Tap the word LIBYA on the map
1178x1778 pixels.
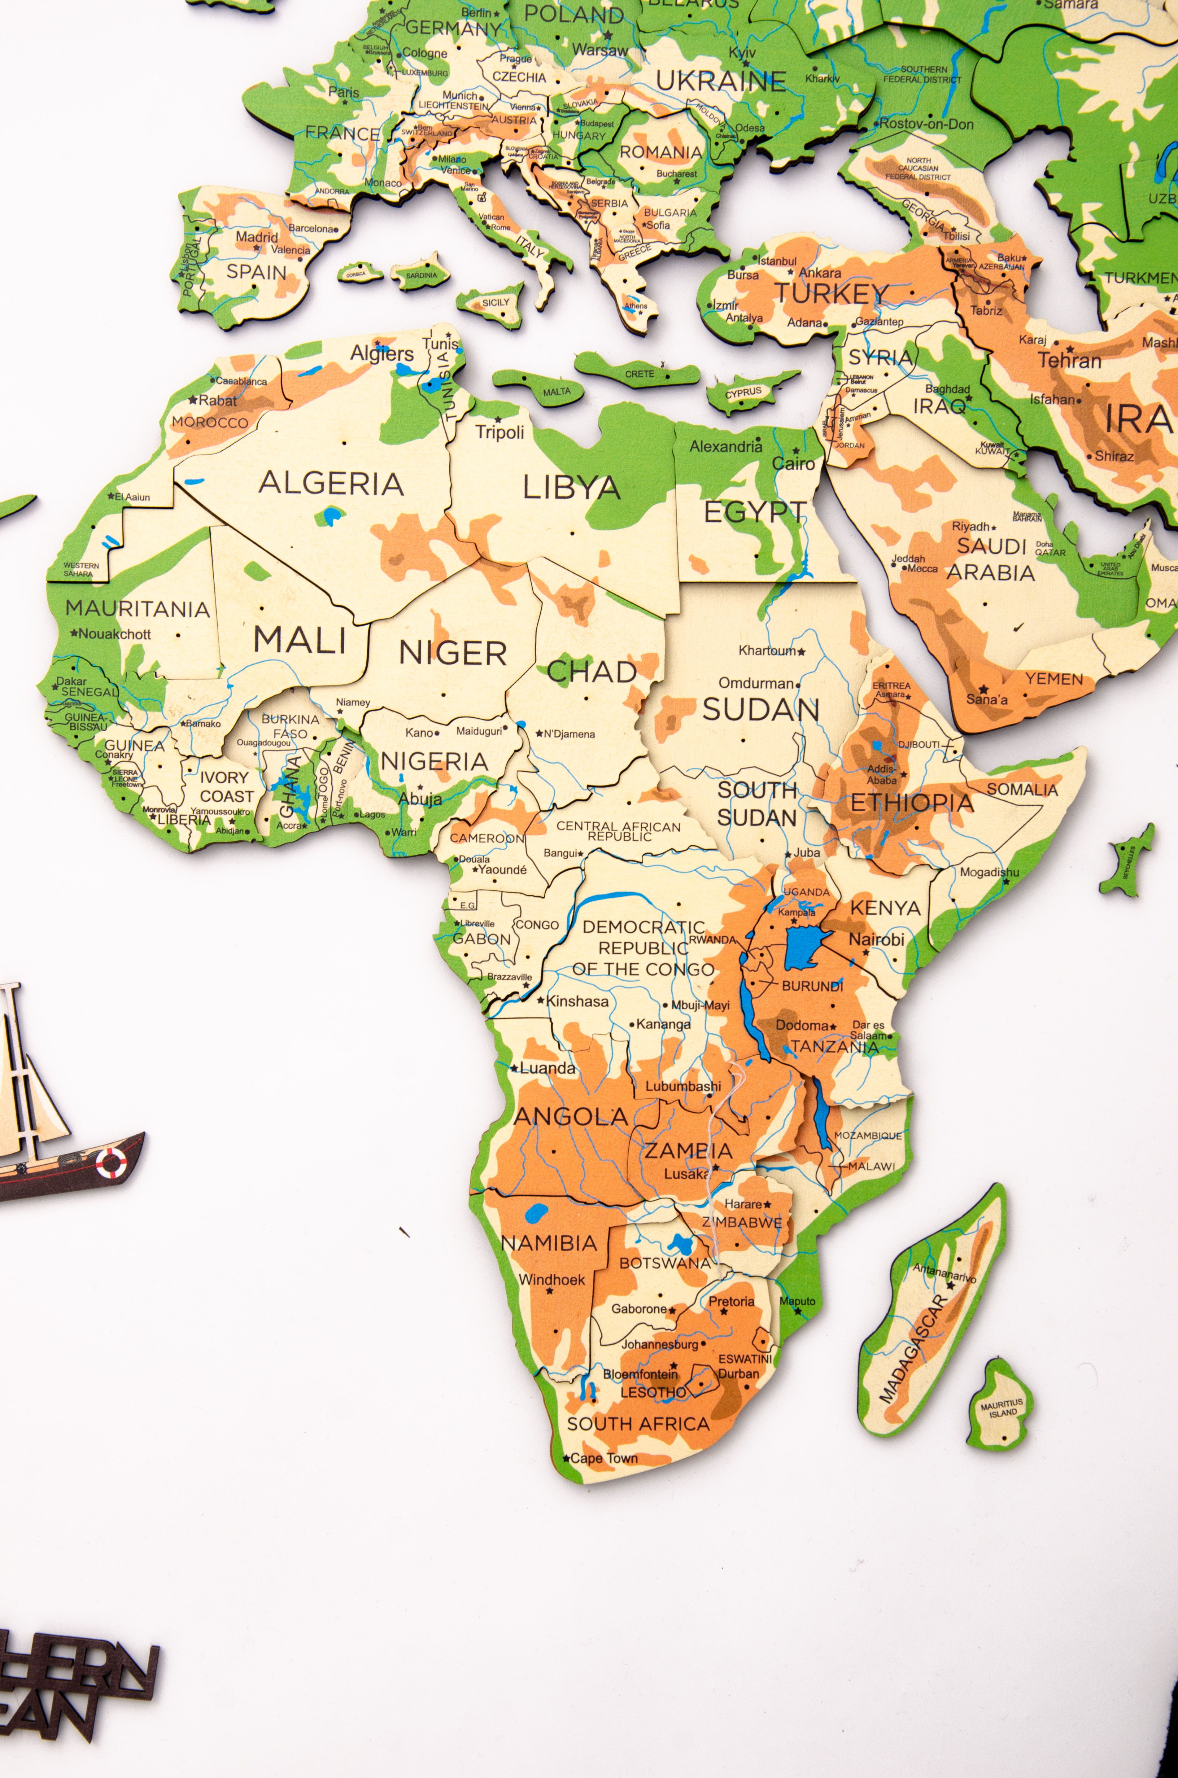[x=572, y=488]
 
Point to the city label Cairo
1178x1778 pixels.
[x=793, y=464]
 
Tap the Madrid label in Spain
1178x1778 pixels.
[x=257, y=237]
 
